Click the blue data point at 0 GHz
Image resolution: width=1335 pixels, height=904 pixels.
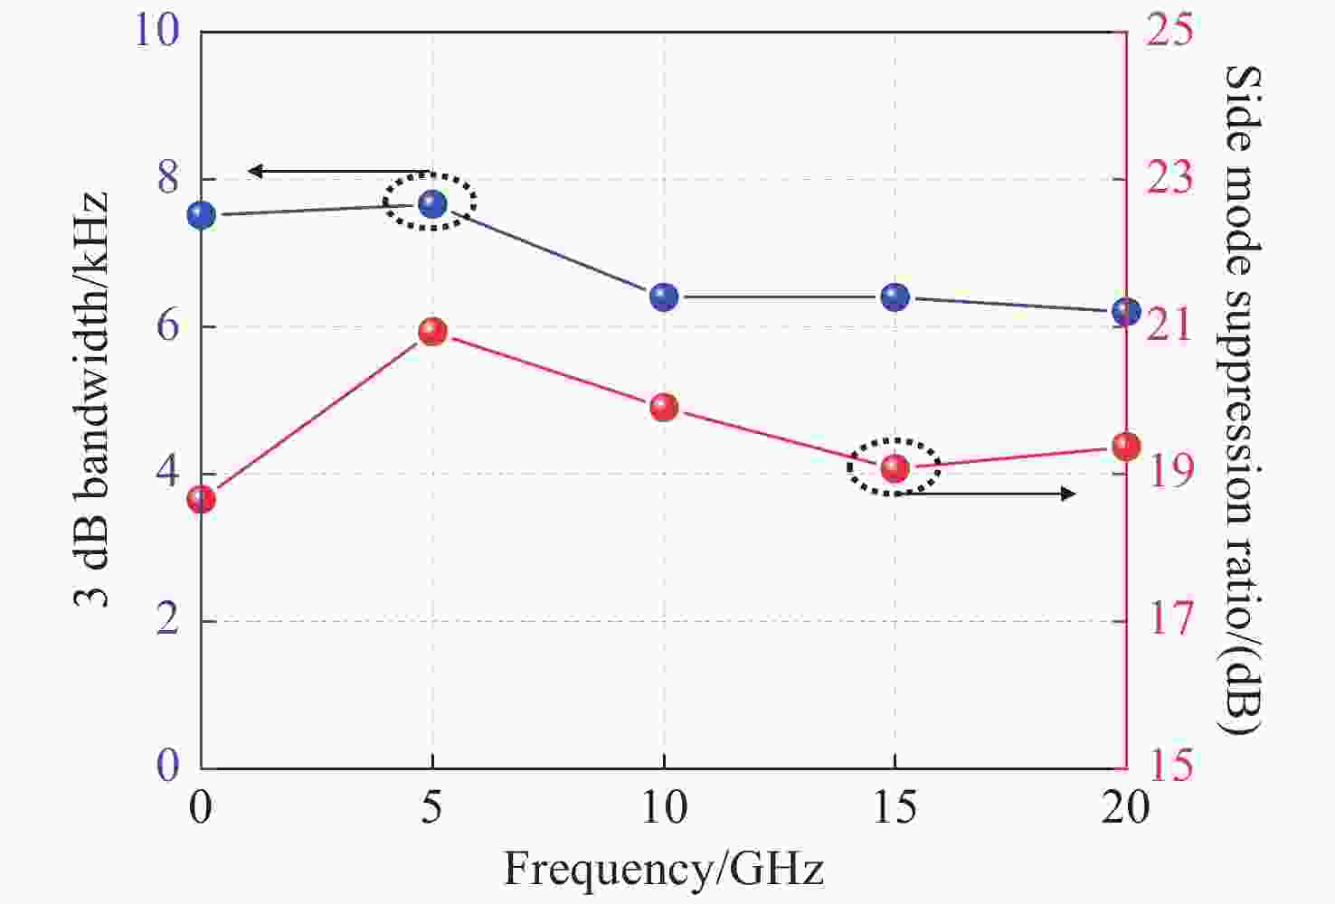[201, 215]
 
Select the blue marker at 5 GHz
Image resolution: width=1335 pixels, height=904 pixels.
[432, 204]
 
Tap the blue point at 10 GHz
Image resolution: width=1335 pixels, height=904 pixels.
[664, 297]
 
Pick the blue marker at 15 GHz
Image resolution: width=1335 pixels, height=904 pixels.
[895, 297]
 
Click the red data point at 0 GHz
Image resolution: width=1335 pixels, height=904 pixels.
[201, 499]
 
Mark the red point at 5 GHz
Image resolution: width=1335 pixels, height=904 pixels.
[432, 332]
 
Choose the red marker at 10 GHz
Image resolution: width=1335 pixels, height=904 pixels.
[664, 408]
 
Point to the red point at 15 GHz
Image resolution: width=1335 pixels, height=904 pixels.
[895, 467]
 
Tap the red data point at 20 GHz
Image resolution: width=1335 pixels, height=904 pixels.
[1126, 446]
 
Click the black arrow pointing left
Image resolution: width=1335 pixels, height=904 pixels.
[339, 171]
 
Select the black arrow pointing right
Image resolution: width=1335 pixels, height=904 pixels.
[990, 494]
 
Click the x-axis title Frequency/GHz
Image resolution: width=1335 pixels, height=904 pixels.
[663, 869]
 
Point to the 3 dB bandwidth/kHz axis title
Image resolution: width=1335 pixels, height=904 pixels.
[90, 400]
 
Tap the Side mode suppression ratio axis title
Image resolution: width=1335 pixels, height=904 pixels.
[1242, 400]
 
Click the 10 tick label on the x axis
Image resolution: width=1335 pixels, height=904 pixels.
[664, 807]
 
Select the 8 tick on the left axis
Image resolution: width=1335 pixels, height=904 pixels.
[168, 178]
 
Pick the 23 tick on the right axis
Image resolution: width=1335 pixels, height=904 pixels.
[1169, 178]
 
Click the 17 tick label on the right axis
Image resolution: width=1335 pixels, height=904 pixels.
[1169, 620]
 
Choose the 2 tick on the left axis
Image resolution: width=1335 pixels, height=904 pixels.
[168, 620]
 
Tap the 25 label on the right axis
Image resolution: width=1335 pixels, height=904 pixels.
[1169, 31]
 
